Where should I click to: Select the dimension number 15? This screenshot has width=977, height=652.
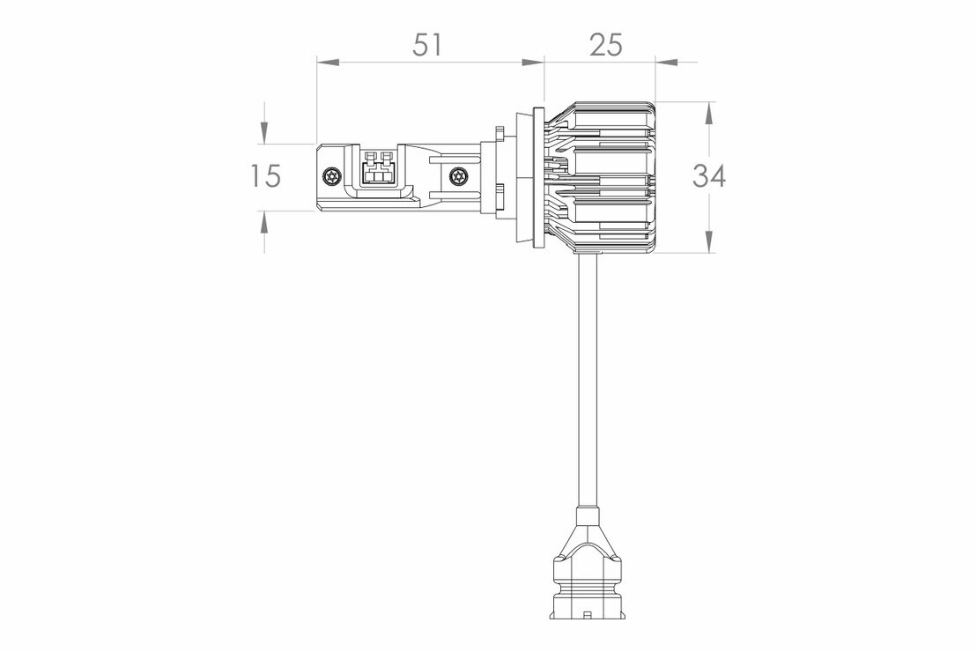click(x=264, y=176)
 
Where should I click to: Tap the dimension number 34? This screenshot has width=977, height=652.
click(x=709, y=176)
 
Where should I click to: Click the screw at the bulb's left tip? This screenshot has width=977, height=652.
click(x=331, y=176)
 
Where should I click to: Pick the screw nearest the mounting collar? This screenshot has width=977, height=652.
click(x=456, y=176)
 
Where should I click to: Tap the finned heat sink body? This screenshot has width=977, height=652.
click(x=608, y=176)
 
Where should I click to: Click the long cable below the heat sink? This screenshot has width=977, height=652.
click(x=588, y=379)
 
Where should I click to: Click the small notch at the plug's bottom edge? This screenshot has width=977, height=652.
click(x=588, y=612)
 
